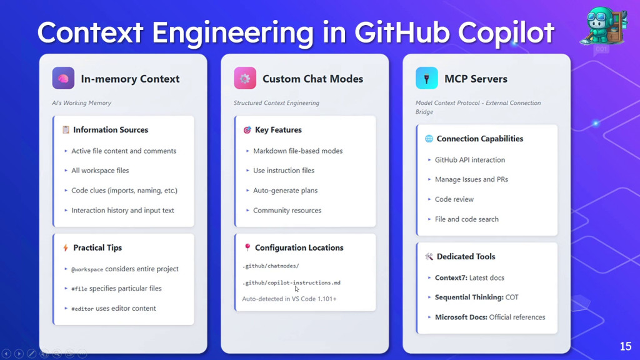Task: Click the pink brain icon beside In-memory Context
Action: (x=63, y=78)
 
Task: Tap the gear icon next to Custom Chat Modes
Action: (x=245, y=78)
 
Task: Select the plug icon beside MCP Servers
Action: (x=426, y=78)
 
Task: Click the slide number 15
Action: (x=625, y=346)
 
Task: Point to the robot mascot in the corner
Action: (x=603, y=26)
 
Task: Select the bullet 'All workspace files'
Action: (x=100, y=171)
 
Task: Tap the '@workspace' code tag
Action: (x=87, y=269)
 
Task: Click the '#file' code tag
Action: (x=79, y=289)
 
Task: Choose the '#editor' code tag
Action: (x=82, y=309)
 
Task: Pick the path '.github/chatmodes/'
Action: (x=271, y=266)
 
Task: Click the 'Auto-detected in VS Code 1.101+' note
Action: (x=289, y=299)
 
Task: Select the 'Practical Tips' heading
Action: (x=97, y=247)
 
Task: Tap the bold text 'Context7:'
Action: (x=451, y=277)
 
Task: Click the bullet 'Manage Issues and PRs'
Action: (x=471, y=179)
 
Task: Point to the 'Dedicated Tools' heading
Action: (x=466, y=256)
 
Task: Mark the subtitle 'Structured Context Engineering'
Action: (x=276, y=103)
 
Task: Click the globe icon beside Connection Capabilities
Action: (x=429, y=139)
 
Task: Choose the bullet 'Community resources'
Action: (x=287, y=210)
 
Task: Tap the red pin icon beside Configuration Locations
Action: (x=247, y=247)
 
